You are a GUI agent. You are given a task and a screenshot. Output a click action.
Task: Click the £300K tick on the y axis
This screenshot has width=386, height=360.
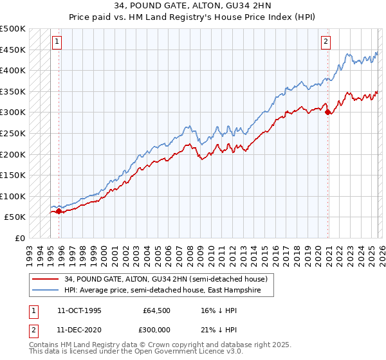coord(13,113)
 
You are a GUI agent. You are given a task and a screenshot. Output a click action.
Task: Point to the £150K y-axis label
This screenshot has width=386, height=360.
coord(13,175)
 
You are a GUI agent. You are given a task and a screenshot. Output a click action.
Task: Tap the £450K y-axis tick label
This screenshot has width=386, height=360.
coord(13,50)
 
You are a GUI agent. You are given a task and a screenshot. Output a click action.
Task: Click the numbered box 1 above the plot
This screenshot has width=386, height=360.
coord(57,42)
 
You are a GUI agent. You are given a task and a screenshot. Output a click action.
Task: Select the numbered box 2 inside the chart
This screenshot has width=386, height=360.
coord(326,42)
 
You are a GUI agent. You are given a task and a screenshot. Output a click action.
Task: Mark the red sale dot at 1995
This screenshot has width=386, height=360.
coord(59,210)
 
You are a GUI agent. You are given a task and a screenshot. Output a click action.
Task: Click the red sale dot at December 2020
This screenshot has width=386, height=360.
coord(327,112)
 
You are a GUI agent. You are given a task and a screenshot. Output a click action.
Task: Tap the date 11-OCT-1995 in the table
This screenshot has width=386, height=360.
coord(79,310)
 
